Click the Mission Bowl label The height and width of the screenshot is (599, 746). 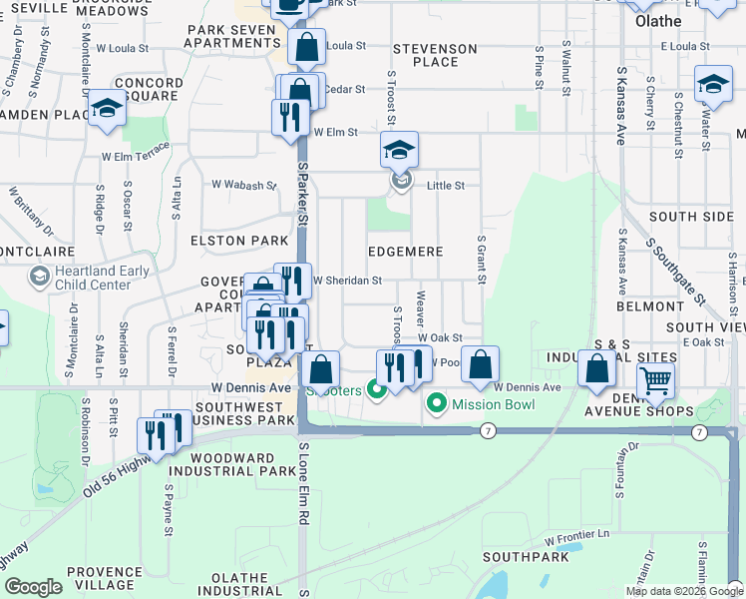493,404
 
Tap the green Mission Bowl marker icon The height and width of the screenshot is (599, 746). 436,404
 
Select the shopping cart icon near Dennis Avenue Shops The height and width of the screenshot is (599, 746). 655,379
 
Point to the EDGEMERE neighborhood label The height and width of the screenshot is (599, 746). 405,252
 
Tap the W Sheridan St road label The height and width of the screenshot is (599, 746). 348,281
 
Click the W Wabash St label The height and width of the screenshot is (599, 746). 243,185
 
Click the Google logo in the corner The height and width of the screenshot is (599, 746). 33,587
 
